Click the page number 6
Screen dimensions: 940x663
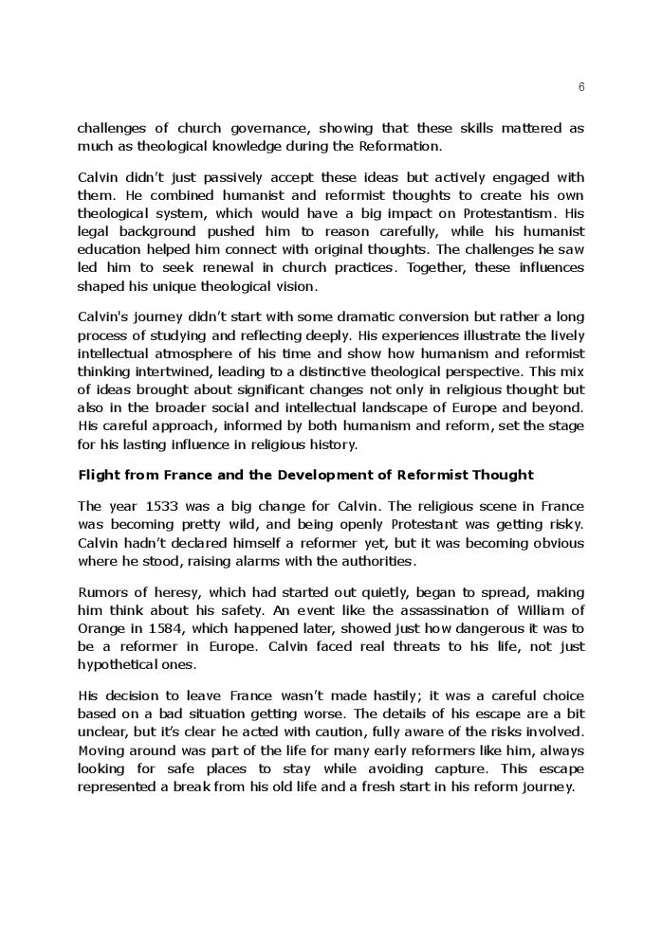click(x=580, y=87)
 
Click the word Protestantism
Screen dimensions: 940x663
click(x=506, y=213)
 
